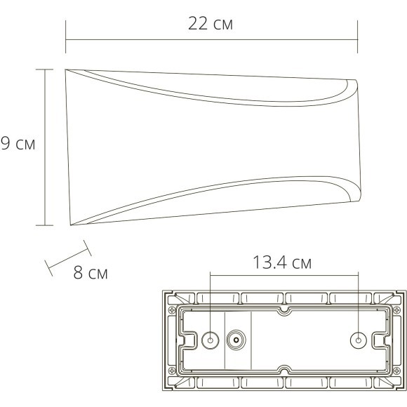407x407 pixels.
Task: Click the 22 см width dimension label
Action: [211, 25]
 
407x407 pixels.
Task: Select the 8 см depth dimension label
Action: [91, 272]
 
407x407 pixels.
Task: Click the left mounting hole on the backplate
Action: [209, 341]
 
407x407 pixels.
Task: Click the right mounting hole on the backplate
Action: [357, 341]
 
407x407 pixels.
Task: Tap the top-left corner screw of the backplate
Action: [171, 294]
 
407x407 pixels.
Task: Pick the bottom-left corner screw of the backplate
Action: [171, 387]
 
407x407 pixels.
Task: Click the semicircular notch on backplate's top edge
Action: [283, 309]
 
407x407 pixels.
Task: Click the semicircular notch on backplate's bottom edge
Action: [283, 372]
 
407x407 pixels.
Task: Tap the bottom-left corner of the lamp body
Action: [71, 225]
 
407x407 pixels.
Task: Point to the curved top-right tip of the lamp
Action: [355, 83]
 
